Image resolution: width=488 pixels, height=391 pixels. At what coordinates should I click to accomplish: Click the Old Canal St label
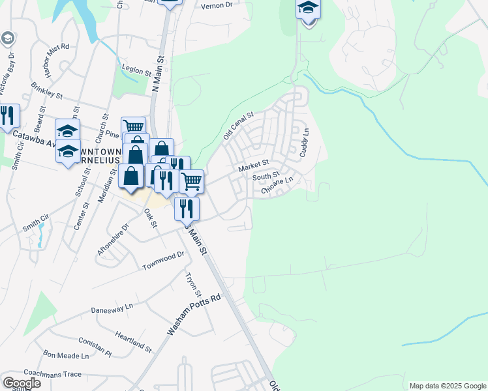[237, 126]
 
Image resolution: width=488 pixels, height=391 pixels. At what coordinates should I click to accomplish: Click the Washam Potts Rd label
[194, 315]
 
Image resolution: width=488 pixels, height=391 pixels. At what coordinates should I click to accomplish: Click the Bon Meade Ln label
[65, 356]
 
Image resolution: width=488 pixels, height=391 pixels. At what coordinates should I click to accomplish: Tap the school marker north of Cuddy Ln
[308, 9]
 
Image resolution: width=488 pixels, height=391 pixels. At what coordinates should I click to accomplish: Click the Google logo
[22, 383]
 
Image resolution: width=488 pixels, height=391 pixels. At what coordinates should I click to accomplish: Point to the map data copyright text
[447, 386]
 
